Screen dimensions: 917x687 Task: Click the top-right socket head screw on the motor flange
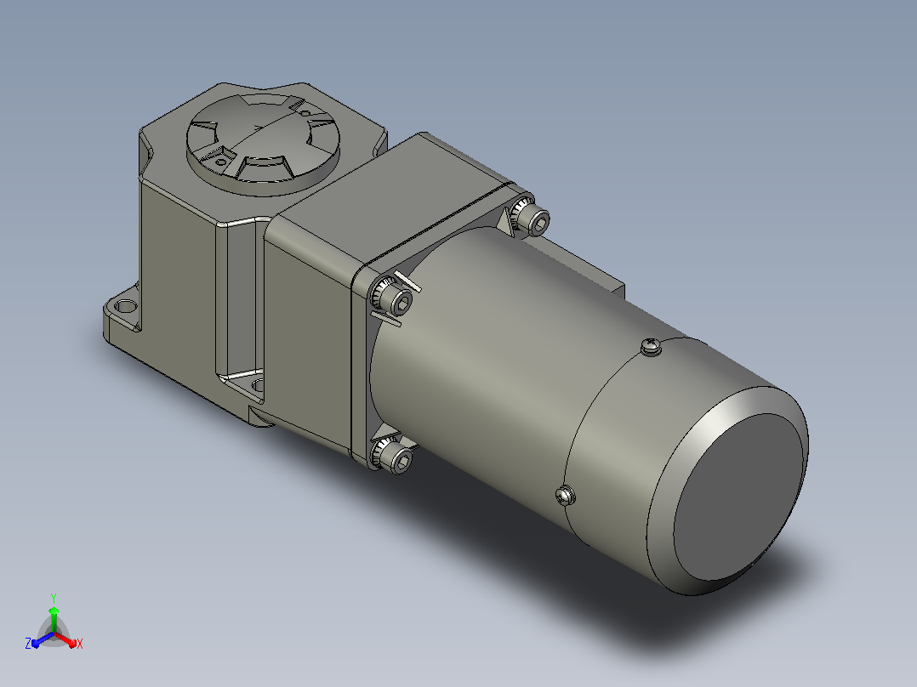[531, 217]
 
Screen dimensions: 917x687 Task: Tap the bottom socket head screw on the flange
[392, 454]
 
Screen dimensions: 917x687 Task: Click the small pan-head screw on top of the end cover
[651, 347]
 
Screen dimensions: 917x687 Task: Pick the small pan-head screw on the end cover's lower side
[565, 495]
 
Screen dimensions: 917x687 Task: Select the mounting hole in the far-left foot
[125, 306]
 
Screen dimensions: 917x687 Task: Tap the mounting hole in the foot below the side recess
[258, 385]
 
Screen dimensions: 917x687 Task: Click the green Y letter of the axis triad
[54, 598]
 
